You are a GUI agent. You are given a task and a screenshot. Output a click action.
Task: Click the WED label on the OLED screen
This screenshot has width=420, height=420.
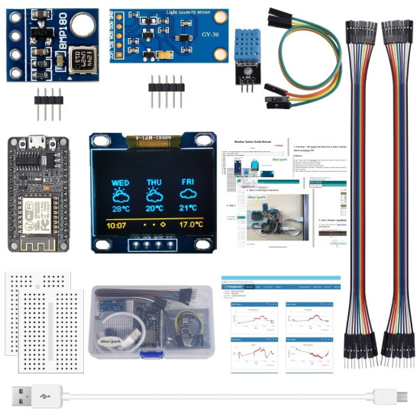[x=121, y=183]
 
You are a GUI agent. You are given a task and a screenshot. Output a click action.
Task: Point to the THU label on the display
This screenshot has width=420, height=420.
[x=154, y=183]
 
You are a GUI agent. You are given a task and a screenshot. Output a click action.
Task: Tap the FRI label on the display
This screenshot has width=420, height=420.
[x=189, y=183]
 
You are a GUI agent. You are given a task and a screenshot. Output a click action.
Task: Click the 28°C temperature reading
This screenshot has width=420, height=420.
[x=121, y=208]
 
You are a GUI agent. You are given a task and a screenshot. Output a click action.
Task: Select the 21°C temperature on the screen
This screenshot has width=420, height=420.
[x=189, y=208]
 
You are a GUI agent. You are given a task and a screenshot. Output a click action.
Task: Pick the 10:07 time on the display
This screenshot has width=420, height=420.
[x=116, y=225]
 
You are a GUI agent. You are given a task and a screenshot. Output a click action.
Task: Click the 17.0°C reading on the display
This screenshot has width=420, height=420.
[x=191, y=225]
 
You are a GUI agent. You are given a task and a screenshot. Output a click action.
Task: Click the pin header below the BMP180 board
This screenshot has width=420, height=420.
[x=49, y=102]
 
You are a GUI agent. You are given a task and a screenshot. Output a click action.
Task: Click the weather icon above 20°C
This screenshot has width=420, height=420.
[x=154, y=195]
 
